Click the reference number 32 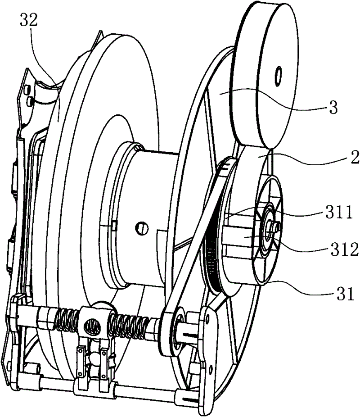(29, 20)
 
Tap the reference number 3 (333, 108)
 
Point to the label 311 (339, 212)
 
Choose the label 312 (345, 250)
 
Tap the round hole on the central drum (142, 228)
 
